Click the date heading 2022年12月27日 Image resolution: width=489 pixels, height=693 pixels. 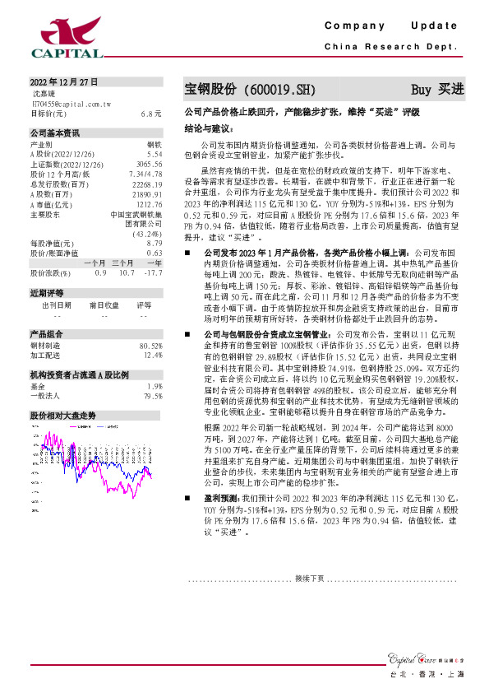(64, 82)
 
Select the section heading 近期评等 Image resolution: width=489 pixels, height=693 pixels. (47, 293)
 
